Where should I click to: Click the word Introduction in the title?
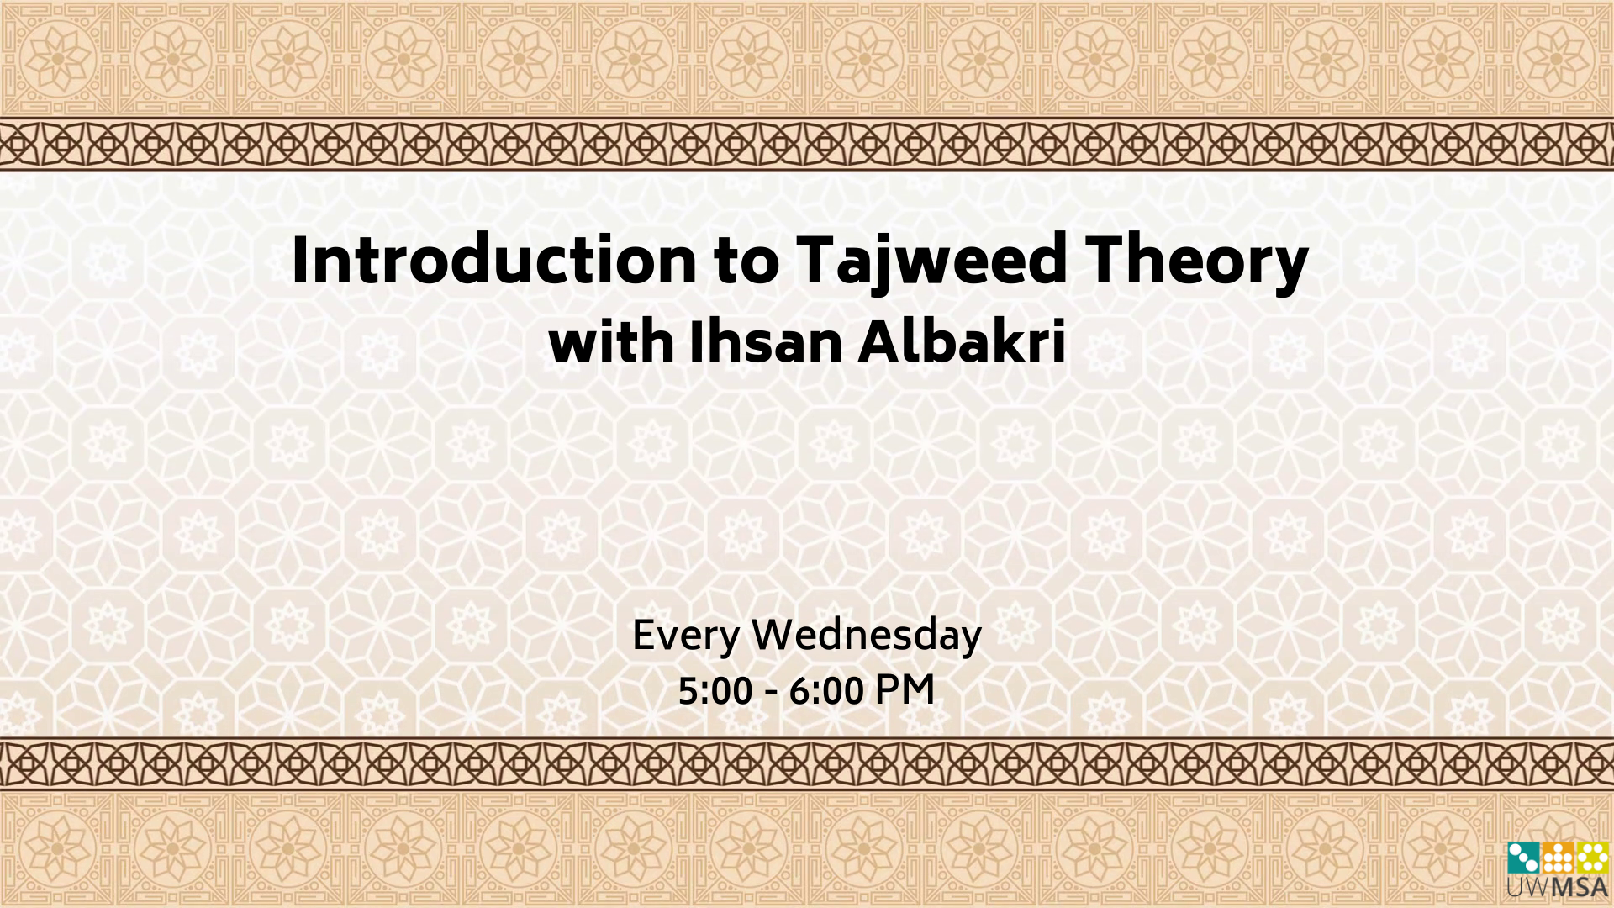[493, 259]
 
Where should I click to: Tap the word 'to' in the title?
[746, 261]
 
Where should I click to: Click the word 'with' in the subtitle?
[611, 342]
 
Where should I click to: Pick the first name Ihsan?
[766, 342]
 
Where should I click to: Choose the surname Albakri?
[963, 342]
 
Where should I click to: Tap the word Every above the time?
[686, 636]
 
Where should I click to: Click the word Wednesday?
[867, 636]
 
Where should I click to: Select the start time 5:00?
[715, 692]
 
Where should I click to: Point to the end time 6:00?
[826, 692]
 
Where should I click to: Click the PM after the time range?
[905, 690]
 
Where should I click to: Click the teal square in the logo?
[1523, 858]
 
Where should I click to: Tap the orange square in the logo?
[1558, 858]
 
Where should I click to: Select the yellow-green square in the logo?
[1592, 858]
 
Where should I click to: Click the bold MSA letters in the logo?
[1580, 887]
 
